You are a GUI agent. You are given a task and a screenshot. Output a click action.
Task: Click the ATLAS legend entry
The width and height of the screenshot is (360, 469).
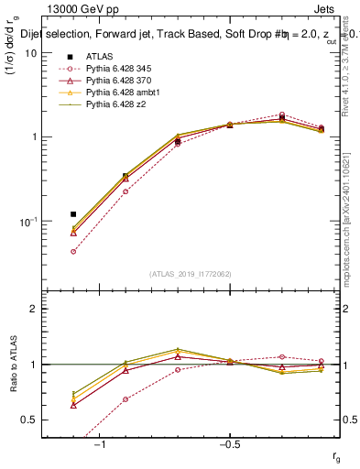pyautogui.click(x=100, y=57)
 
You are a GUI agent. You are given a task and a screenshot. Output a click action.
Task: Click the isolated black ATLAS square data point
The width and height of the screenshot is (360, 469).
pyautogui.click(x=73, y=214)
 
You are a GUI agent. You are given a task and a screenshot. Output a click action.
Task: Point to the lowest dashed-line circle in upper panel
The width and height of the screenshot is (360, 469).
pyautogui.click(x=73, y=251)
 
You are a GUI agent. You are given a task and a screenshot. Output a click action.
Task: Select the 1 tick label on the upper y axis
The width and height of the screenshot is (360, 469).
pyautogui.click(x=37, y=137)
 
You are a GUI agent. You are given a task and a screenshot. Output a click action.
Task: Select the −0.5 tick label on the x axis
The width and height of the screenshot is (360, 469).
pyautogui.click(x=229, y=444)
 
